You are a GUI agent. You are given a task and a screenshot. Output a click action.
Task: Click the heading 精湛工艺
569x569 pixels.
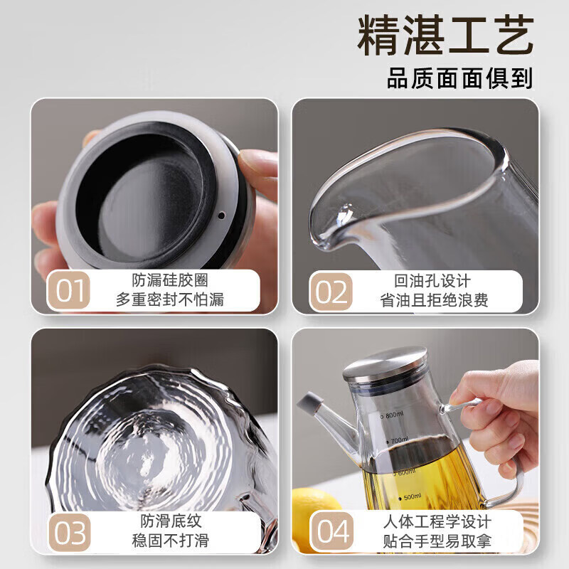click(445, 38)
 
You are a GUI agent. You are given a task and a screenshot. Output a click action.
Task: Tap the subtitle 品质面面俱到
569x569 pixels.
click(459, 78)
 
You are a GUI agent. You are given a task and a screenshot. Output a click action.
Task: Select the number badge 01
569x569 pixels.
click(68, 291)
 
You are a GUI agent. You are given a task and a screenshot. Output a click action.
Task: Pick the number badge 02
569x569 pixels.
click(330, 291)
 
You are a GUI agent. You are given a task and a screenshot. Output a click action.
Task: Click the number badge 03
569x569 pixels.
click(68, 532)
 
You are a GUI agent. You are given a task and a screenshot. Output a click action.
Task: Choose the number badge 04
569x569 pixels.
click(330, 532)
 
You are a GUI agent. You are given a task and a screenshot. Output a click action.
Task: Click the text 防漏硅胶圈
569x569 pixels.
click(170, 281)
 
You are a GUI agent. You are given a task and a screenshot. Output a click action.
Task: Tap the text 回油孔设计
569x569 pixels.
click(432, 281)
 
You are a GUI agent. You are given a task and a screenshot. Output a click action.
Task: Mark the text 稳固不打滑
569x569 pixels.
click(170, 541)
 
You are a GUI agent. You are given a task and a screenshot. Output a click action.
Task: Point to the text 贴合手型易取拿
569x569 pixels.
click(432, 541)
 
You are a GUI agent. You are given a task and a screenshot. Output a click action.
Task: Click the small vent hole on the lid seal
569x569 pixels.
click(221, 214)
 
